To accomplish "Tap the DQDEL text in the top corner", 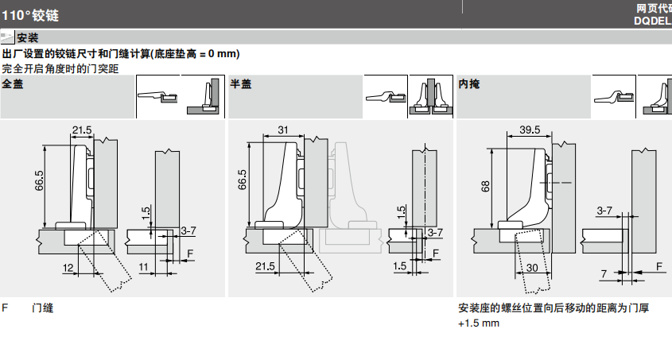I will pos(652,21).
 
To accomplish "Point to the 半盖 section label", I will pos(240,83).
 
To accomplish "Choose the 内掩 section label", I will pos(469,83).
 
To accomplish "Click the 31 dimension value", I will pos(283,130).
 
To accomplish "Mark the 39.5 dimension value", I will pos(530,130).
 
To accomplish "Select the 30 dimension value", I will pos(530,269).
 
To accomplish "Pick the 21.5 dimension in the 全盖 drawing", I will pos(82,130).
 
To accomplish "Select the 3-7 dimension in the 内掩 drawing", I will pos(604,211).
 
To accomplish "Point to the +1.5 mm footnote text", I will pos(479,323).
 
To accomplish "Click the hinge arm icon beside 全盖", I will pos(157,95).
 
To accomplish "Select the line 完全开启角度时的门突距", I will pos(60,68).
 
